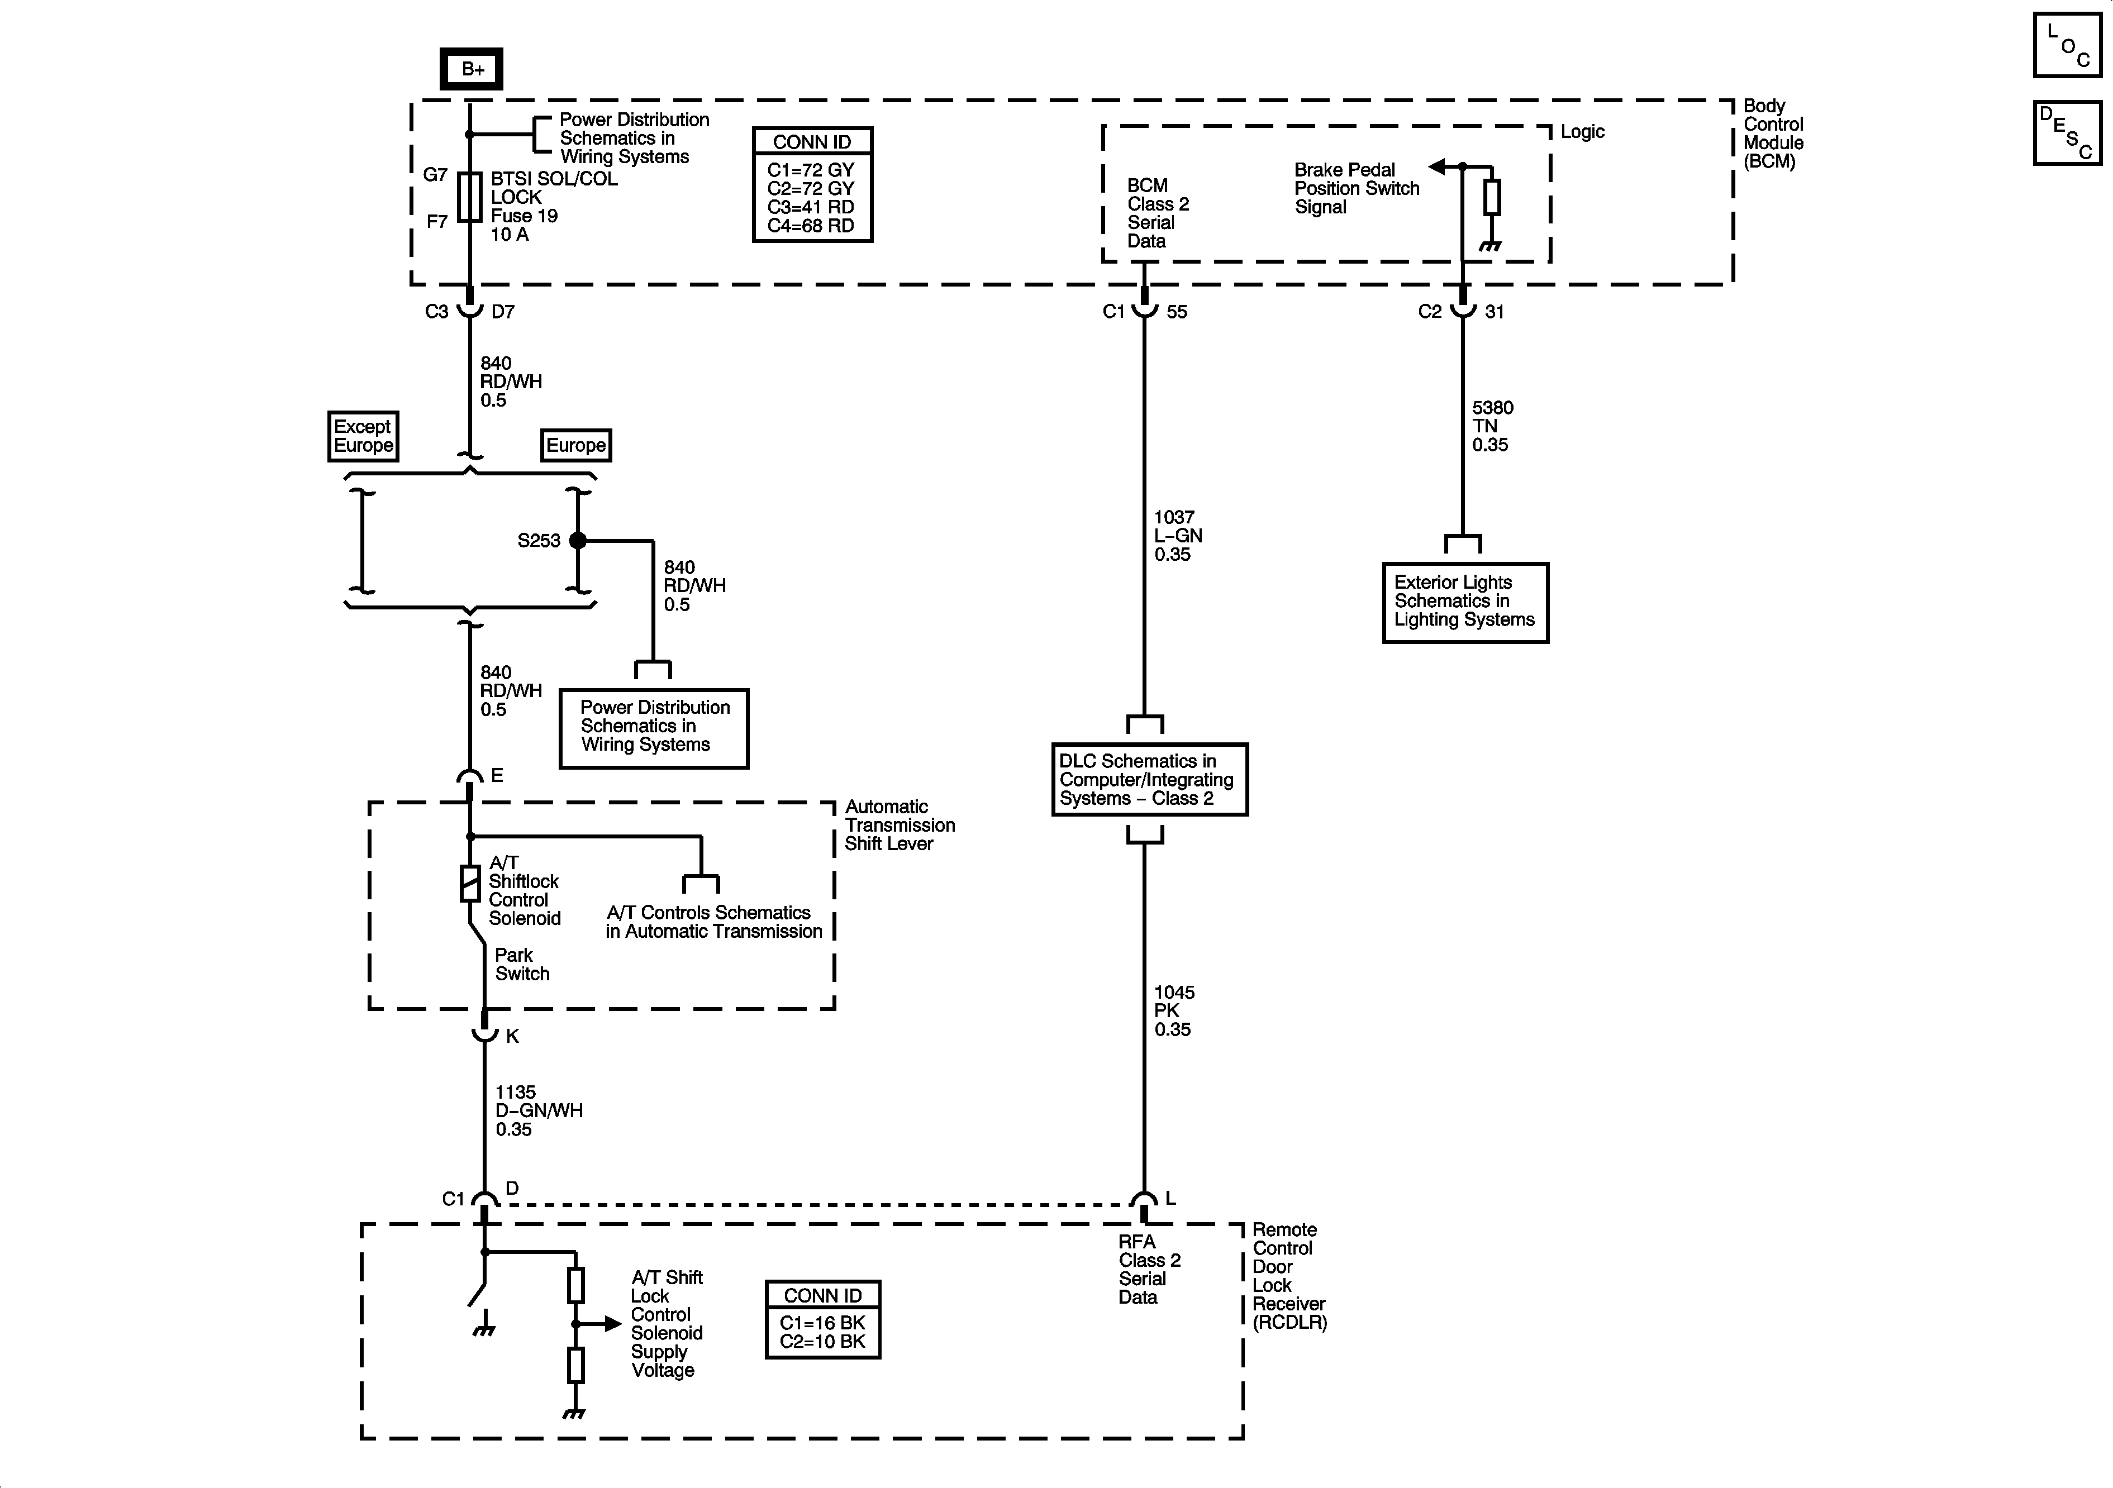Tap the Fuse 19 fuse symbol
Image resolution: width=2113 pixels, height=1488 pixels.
click(470, 197)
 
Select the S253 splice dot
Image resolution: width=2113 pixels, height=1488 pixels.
click(578, 540)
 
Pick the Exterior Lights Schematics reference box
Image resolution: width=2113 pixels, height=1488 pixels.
click(1465, 602)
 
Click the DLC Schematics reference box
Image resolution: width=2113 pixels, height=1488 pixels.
click(1149, 779)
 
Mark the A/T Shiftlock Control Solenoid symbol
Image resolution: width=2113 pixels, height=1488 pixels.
click(470, 884)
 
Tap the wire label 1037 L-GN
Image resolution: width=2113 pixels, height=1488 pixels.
click(1177, 536)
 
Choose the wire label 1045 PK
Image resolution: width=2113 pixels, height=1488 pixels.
click(1174, 1010)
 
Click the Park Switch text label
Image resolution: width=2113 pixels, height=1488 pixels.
click(522, 965)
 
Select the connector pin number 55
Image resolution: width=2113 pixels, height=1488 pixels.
click(1177, 312)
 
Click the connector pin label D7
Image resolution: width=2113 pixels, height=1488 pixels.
click(502, 312)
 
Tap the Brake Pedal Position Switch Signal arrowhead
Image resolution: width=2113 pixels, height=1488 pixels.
click(1436, 166)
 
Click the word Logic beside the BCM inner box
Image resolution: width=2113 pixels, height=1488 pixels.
click(1582, 132)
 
